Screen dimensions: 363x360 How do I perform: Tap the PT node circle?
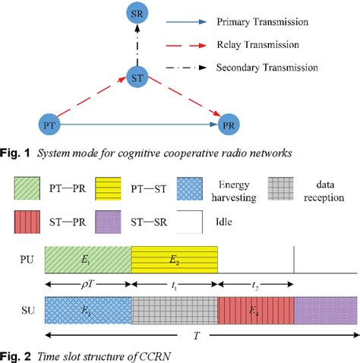click(49, 121)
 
